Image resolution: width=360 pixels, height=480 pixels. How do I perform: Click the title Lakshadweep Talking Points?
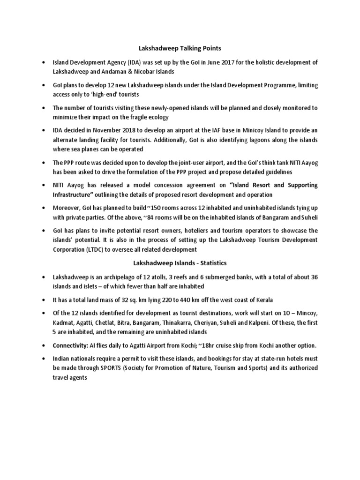pos(180,48)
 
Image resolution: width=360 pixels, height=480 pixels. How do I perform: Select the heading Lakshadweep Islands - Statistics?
pos(180,264)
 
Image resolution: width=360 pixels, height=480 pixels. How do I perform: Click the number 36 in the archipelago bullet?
pos(315,277)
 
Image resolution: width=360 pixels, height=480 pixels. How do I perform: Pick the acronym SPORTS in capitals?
pos(112,368)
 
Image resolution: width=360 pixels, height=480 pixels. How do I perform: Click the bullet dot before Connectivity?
pos(44,345)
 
